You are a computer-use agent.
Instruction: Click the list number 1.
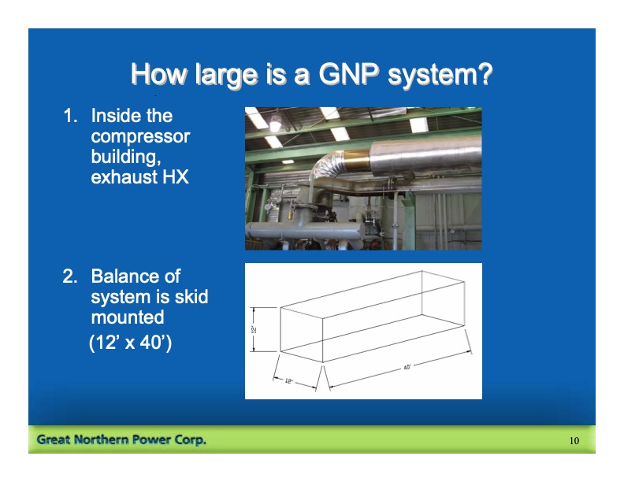69,116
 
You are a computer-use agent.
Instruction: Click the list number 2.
69,276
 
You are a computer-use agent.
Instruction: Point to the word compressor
140,136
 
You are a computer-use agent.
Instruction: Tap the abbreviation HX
174,177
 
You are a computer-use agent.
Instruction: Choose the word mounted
128,317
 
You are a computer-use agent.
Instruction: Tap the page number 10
574,440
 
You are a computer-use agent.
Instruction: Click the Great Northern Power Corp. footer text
121,439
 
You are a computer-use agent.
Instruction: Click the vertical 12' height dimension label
254,329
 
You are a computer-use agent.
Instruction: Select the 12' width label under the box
289,380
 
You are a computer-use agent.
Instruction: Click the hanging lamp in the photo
274,121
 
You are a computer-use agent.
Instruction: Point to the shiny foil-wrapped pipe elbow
325,169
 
